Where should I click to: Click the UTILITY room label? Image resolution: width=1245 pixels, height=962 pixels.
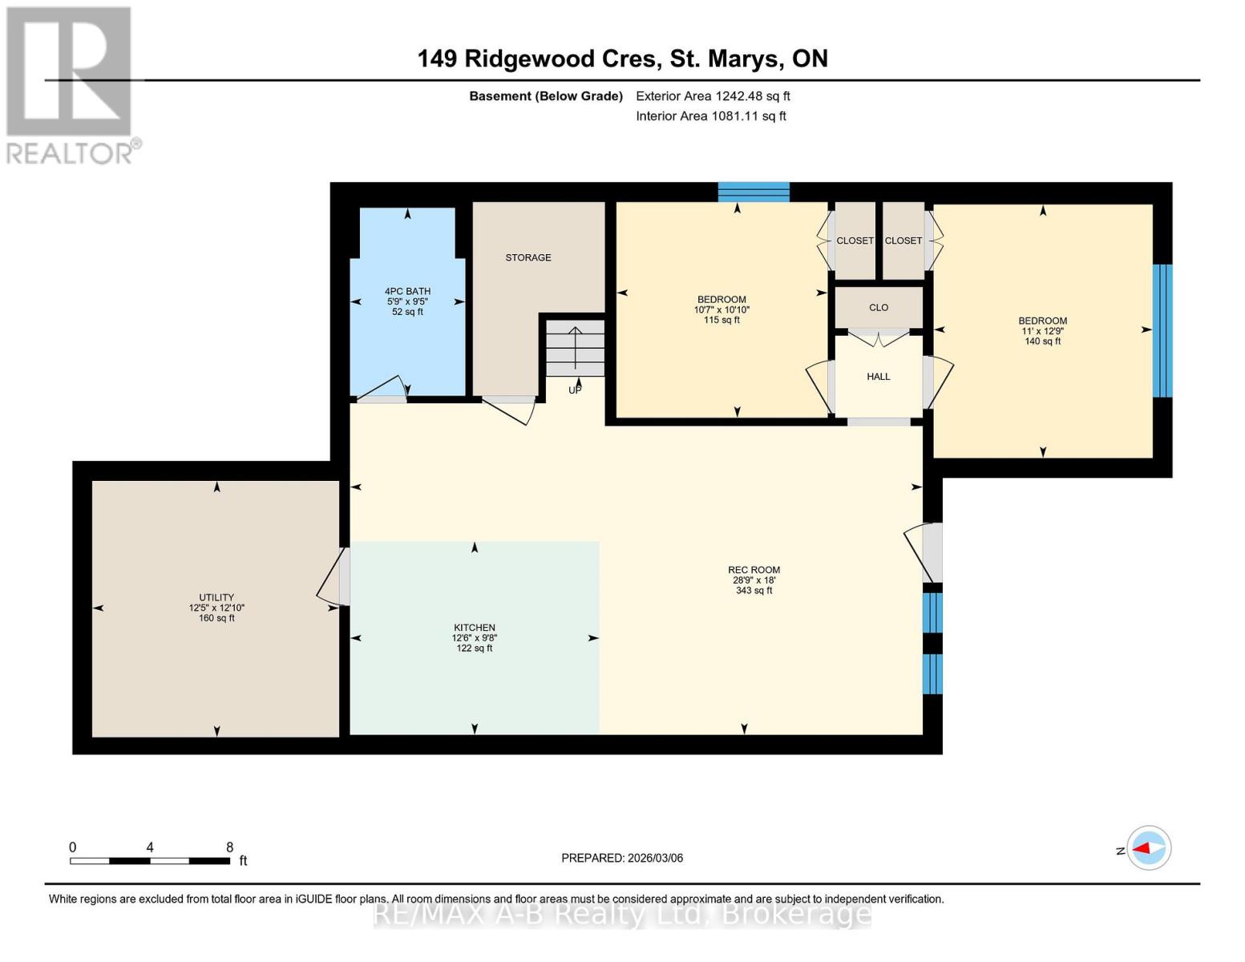216,597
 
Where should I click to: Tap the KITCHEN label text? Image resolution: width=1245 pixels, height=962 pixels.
475,628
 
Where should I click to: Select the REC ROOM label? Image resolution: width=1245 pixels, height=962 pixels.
754,570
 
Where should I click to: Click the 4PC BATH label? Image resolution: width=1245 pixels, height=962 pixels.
407,291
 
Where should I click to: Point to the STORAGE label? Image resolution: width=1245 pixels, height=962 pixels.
528,257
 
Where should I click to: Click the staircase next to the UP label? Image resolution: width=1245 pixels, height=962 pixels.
575,348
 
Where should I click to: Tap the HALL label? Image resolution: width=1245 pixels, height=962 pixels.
878,376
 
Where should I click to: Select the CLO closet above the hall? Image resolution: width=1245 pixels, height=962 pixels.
879,307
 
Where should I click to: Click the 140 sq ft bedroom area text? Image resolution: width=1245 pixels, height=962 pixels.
1042,342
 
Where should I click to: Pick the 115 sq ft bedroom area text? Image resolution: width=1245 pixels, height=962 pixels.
722,320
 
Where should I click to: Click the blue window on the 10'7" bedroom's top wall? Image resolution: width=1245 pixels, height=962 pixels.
754,192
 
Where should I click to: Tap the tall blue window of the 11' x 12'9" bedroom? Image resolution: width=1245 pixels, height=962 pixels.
1162,330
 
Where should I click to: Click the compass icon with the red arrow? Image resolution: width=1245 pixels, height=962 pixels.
1149,848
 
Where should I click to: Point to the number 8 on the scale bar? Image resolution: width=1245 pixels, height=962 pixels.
230,847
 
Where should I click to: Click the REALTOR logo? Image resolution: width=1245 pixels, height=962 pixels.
71,84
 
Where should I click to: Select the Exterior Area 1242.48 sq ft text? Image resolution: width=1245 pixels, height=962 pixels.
713,96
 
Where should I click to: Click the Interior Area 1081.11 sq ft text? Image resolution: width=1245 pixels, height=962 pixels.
710,116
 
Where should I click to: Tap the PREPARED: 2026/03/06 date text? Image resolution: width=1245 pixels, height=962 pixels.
622,858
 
